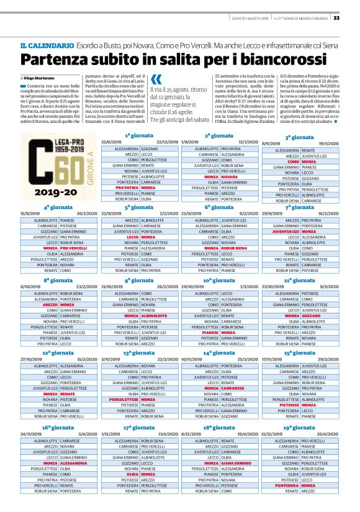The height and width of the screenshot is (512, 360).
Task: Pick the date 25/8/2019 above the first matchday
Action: tap(120, 141)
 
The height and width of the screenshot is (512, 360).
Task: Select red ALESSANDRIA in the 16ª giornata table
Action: tap(73, 462)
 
